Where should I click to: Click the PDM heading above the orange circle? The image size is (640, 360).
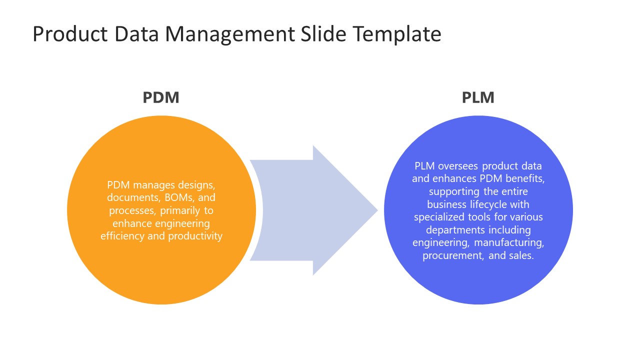tap(160, 97)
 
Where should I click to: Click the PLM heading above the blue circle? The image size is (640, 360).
tap(478, 97)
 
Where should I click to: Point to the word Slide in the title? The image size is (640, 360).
tap(323, 34)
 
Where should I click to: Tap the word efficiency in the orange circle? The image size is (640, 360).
tap(122, 236)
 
